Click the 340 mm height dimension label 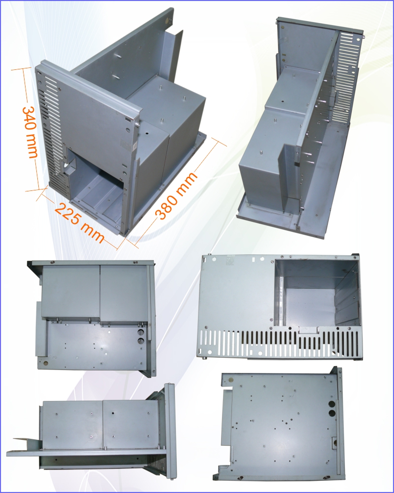[x=30, y=132]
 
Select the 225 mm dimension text [x=80, y=223]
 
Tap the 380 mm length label [x=176, y=195]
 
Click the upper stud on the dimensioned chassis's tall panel [x=119, y=57]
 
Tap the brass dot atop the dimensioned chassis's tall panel [x=167, y=22]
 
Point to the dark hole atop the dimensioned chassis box [x=146, y=133]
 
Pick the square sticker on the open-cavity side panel [x=231, y=260]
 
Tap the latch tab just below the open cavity [x=309, y=330]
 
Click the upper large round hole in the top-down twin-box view [x=141, y=332]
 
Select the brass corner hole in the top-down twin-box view [x=46, y=364]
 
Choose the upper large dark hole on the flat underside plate [x=332, y=404]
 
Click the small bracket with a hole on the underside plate [x=334, y=443]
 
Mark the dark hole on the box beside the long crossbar [x=282, y=101]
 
